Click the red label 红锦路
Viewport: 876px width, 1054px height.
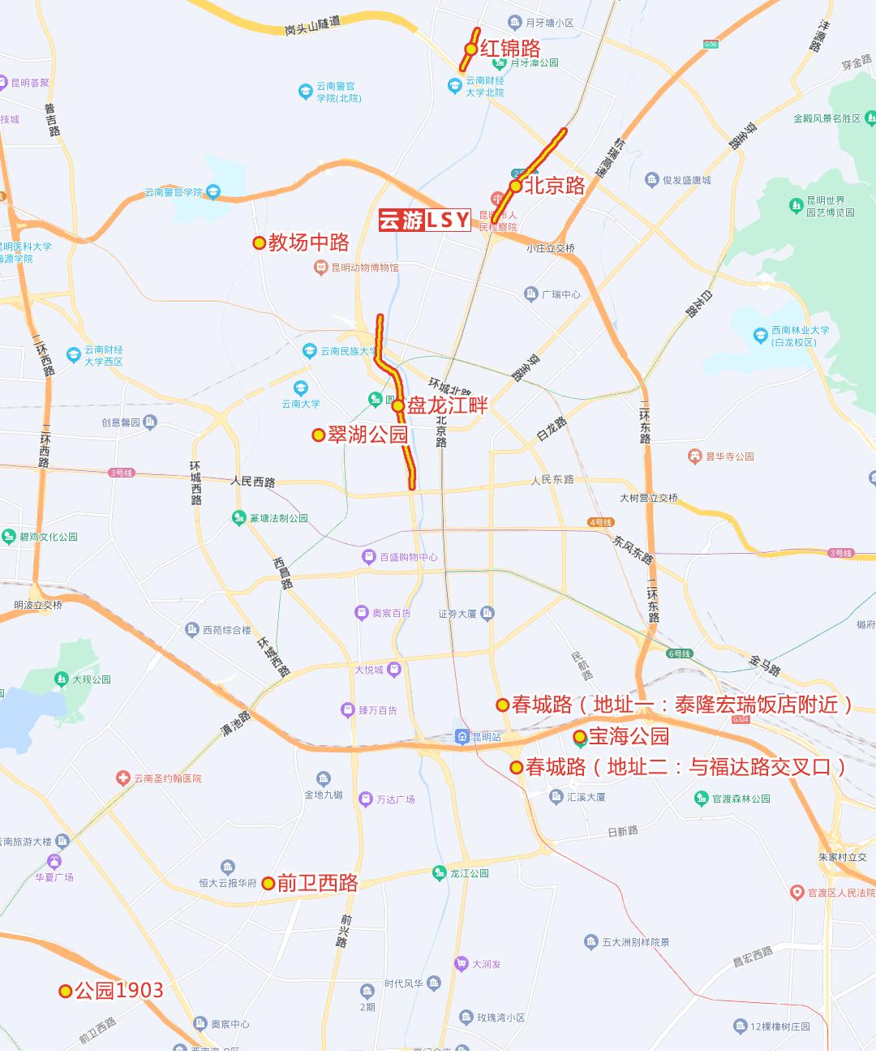click(x=510, y=49)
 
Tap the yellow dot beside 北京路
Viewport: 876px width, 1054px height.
click(x=515, y=186)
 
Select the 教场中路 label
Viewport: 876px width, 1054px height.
click(x=309, y=242)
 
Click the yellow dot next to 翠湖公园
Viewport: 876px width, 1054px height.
click(x=318, y=435)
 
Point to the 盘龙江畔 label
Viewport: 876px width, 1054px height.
click(x=448, y=405)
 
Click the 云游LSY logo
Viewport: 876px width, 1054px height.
click(x=424, y=220)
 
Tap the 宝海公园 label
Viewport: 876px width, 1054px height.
click(x=629, y=736)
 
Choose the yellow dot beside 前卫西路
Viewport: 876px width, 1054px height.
click(x=268, y=884)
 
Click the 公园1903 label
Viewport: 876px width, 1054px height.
click(x=119, y=991)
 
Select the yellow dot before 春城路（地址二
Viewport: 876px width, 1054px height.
click(x=516, y=767)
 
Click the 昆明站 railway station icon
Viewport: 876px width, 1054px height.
click(x=462, y=736)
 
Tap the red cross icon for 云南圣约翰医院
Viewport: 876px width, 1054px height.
click(x=123, y=778)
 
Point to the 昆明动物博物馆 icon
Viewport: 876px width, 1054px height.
click(x=321, y=267)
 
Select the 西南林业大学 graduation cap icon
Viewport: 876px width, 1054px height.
click(x=760, y=335)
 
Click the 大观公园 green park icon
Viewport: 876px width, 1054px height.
click(x=61, y=679)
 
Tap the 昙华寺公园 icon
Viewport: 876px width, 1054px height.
click(x=694, y=456)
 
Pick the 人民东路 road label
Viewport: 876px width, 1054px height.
click(x=552, y=480)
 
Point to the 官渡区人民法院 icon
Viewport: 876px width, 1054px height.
click(x=797, y=893)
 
